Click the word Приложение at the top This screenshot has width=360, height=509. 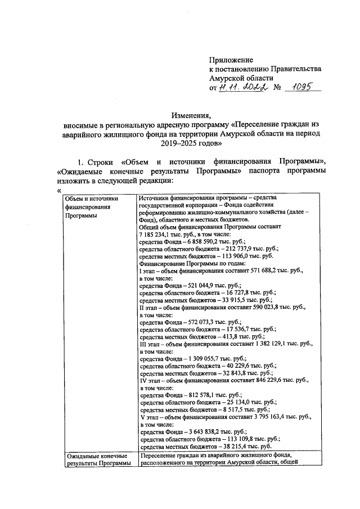pos(231,59)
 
